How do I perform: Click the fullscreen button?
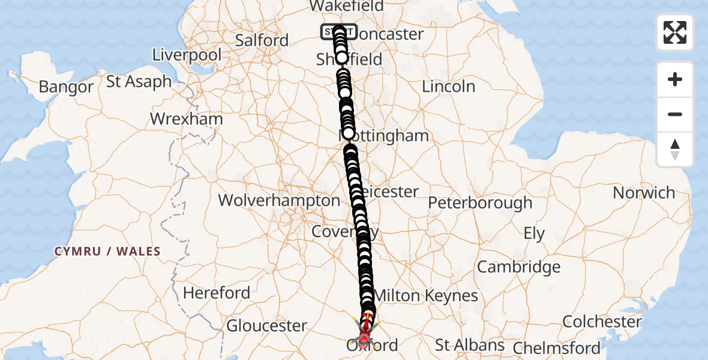click(x=675, y=32)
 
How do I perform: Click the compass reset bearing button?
click(x=675, y=149)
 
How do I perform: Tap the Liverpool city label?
click(x=187, y=55)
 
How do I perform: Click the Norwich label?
click(x=644, y=193)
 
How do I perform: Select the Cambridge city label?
click(x=518, y=267)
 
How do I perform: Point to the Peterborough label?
click(x=480, y=203)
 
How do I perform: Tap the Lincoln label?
click(x=448, y=86)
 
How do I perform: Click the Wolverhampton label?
click(x=279, y=200)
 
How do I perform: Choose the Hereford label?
click(x=217, y=293)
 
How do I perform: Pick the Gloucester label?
click(x=266, y=326)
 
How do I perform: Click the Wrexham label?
click(x=187, y=119)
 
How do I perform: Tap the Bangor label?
click(x=66, y=87)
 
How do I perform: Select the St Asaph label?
click(x=139, y=81)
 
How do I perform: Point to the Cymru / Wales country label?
click(x=107, y=251)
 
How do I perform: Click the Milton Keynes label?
click(x=425, y=295)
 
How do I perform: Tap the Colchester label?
click(x=602, y=322)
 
